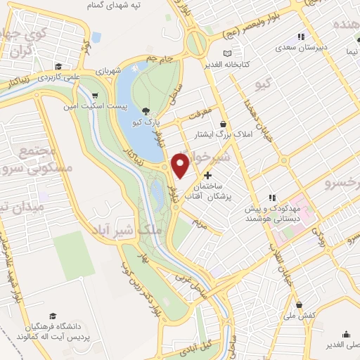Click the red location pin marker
tap(180, 166)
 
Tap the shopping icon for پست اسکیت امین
tap(95, 96)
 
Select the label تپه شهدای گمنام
tap(136, 6)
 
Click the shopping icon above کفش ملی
tap(300, 305)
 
